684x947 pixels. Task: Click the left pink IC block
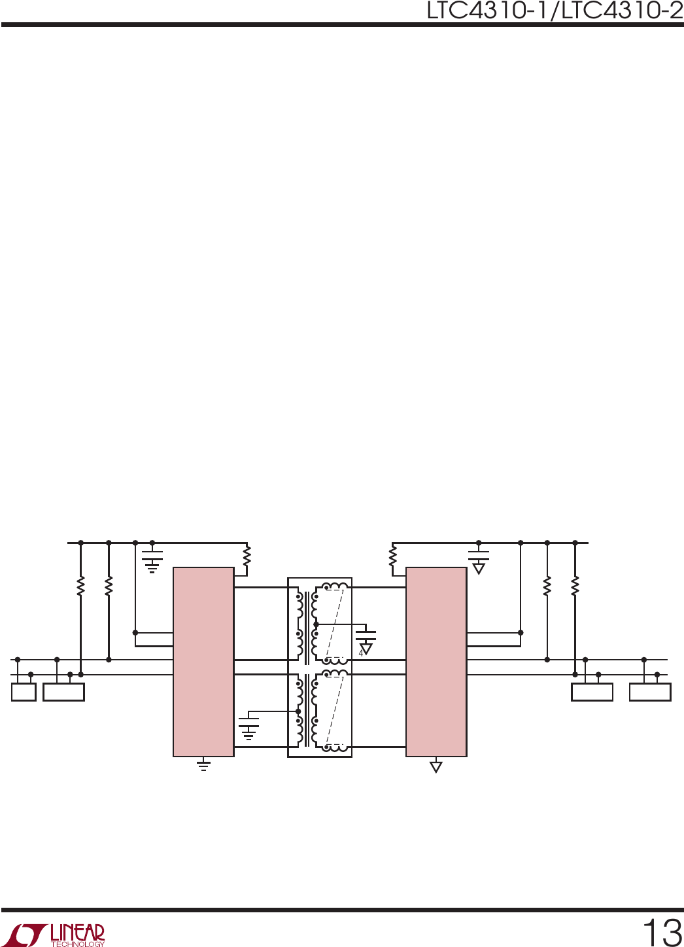click(x=203, y=662)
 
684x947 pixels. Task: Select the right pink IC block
click(x=436, y=662)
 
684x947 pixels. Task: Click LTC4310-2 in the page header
click(x=623, y=10)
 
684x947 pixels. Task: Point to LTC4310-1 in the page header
click(x=487, y=10)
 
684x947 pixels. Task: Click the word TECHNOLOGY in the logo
click(x=78, y=944)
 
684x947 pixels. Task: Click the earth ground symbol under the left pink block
click(x=203, y=765)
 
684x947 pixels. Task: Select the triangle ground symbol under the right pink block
click(x=436, y=766)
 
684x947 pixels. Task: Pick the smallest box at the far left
click(x=24, y=692)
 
